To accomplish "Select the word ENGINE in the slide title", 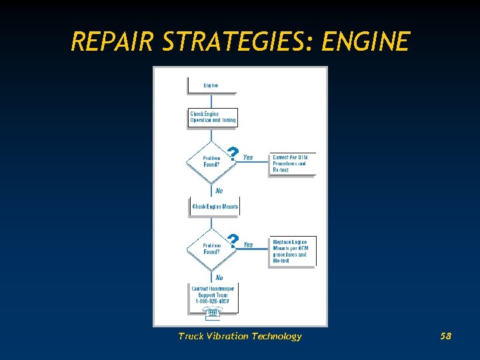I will coord(365,42).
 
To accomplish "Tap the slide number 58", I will coord(446,336).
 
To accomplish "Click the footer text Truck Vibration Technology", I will coord(240,336).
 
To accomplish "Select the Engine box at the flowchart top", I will coord(211,86).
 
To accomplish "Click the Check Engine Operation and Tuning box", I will coord(213,117).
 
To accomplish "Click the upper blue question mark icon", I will coord(232,154).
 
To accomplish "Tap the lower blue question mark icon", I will coord(232,241).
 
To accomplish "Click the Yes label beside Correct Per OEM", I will coord(248,158).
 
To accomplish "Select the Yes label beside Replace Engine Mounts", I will coord(248,245).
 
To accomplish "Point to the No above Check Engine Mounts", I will coord(219,191).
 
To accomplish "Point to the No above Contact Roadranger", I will coord(219,277).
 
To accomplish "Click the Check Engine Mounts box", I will coord(215,207).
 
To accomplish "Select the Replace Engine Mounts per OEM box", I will coord(292,251).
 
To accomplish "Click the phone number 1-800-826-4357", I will coord(213,301).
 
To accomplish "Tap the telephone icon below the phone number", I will coord(213,312).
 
